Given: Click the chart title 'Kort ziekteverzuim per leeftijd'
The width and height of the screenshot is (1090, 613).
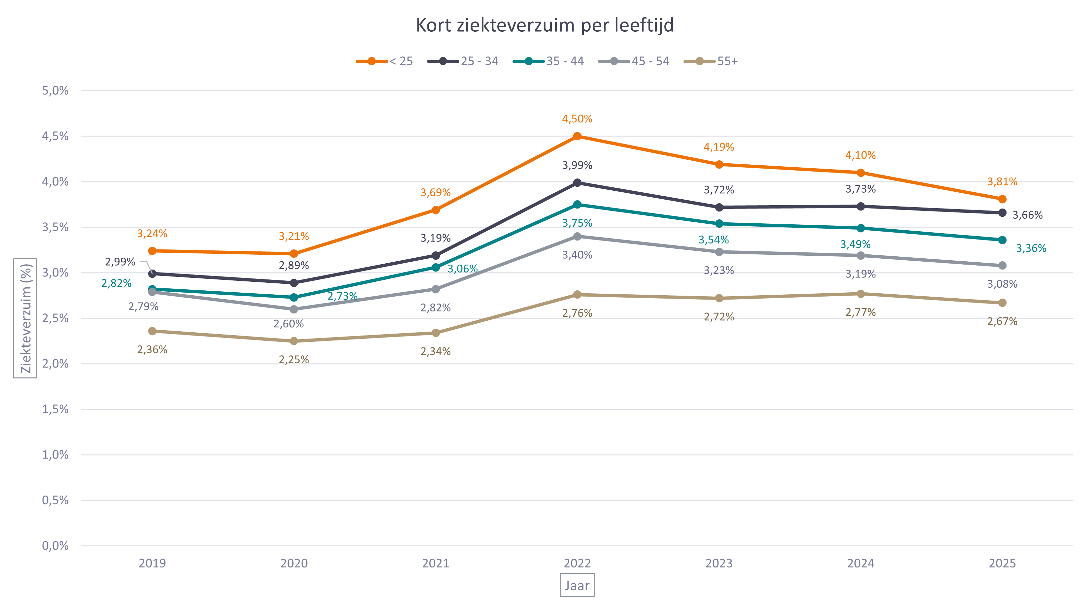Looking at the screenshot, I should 545,25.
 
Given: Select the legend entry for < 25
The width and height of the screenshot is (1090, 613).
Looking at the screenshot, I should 385,61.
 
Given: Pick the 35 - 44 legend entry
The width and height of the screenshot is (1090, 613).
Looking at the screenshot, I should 549,61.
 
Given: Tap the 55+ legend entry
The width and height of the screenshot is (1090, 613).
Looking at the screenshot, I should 711,61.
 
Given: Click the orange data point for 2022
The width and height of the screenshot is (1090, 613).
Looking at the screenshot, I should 577,136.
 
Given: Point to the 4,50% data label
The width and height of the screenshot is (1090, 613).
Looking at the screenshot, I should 577,119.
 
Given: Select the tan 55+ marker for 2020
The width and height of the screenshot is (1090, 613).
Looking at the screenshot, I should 294,341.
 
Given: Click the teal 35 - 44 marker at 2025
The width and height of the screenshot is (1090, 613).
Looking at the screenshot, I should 1002,240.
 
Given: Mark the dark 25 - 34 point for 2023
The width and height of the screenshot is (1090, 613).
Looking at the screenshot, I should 719,207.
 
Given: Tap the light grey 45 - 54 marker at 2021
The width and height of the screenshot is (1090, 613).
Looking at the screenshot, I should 435,289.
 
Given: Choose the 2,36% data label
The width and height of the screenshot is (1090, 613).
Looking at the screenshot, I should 152,350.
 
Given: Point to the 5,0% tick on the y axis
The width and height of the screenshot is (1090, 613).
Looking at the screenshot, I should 55,90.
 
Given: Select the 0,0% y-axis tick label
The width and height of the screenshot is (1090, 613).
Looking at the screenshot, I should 55,546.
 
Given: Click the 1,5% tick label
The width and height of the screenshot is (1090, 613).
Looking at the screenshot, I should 55,409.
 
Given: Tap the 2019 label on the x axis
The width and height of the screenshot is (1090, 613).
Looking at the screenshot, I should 152,564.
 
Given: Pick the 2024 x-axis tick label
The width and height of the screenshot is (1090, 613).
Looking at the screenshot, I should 861,564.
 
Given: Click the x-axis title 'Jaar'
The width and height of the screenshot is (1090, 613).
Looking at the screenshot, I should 577,586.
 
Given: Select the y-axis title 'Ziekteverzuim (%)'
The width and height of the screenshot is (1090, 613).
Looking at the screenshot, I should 25,318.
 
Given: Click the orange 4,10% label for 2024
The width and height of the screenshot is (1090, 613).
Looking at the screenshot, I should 861,155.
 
